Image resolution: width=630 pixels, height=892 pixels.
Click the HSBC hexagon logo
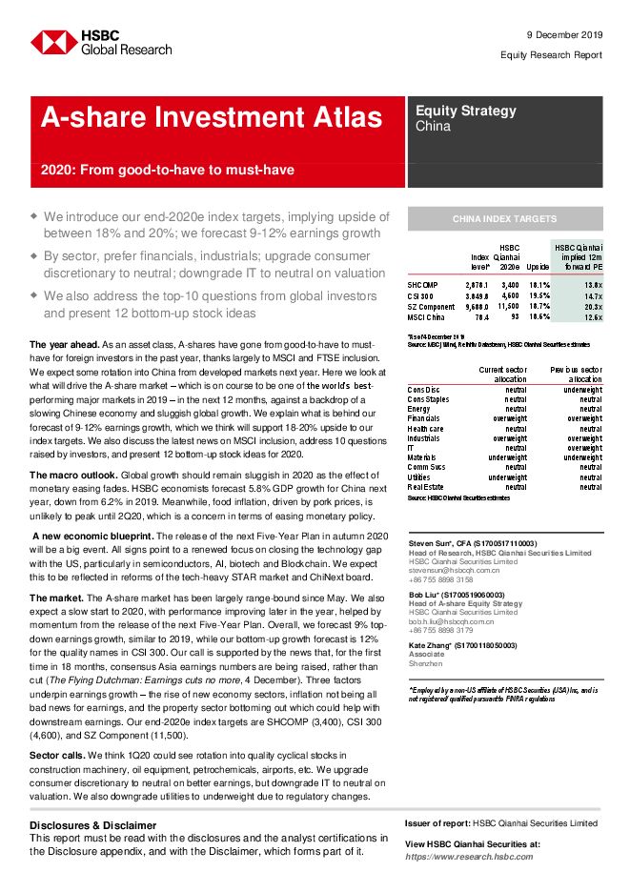pos(53,42)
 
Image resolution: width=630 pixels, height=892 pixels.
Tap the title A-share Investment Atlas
pos(211,118)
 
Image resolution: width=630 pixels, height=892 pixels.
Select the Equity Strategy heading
pos(465,111)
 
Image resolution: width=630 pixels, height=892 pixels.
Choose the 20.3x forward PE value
pos(592,308)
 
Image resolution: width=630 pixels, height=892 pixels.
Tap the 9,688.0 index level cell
pos(477,308)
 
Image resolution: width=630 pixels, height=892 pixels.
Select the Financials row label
pos(423,418)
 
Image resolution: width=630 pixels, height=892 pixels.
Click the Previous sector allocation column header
pos(576,374)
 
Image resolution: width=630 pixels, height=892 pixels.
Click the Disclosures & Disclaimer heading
pos(92,824)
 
